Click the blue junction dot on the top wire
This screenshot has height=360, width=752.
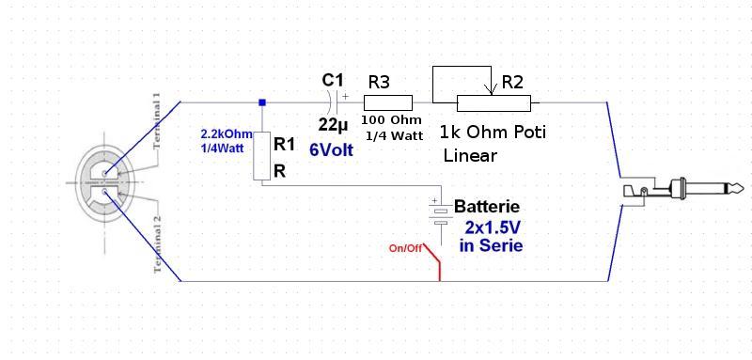(262, 102)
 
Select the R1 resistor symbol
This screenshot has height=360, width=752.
(262, 156)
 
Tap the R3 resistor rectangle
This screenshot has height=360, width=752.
(388, 103)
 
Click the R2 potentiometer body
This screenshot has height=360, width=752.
(493, 103)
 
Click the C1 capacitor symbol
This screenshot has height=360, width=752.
(337, 102)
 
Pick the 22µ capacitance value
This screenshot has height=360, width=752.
(333, 126)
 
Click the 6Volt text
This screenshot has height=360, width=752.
(332, 150)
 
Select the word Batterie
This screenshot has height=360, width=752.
(487, 207)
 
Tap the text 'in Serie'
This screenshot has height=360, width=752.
(491, 245)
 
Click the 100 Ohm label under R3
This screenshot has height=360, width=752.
(392, 119)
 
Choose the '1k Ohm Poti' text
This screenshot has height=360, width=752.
(493, 133)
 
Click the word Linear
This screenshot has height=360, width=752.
(470, 155)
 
